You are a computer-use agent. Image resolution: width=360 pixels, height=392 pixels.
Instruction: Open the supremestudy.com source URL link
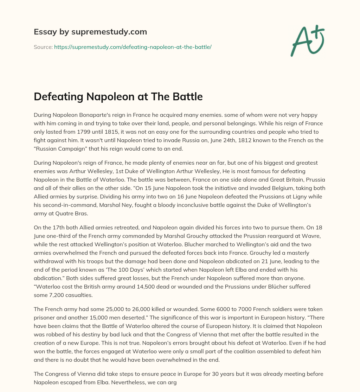pyautogui.click(x=133, y=47)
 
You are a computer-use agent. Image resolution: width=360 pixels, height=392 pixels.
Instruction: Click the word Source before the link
pyautogui.click(x=43, y=47)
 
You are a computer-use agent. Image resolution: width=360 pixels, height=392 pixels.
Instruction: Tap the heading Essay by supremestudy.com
pyautogui.click(x=90, y=32)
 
